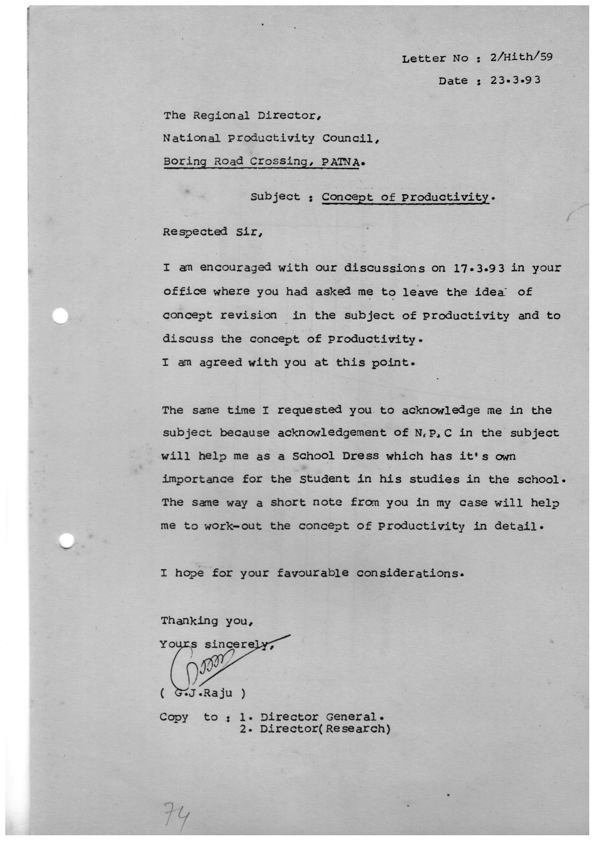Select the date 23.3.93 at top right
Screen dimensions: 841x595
pos(515,80)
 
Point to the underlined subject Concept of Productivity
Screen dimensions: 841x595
pos(406,197)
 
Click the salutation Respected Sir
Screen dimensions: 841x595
pos(212,232)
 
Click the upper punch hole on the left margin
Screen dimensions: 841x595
pos(61,316)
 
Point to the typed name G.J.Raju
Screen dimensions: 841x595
pos(203,693)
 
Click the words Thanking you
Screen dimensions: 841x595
pos(206,621)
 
